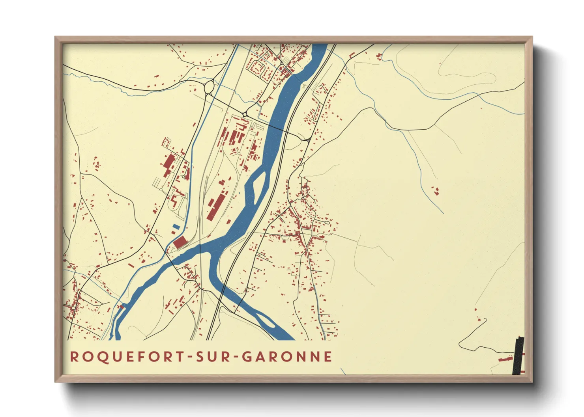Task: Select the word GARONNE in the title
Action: tap(287, 356)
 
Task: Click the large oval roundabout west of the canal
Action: tap(209, 87)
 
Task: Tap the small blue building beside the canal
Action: tap(175, 227)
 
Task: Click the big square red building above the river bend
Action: tap(180, 242)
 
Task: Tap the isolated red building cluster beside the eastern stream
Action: tap(436, 191)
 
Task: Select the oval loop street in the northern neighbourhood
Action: tap(258, 68)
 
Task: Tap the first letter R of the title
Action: tap(74, 356)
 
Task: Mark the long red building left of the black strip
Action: tap(505, 359)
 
